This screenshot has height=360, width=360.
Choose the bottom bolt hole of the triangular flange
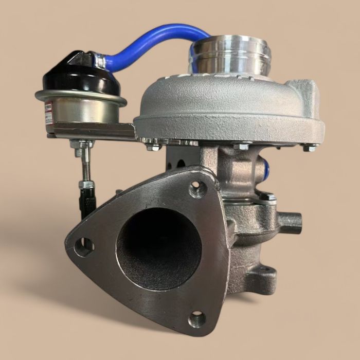click(x=197, y=319)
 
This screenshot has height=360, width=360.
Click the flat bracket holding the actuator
click(x=93, y=131)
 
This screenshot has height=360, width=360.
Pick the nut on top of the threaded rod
click(x=82, y=150)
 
